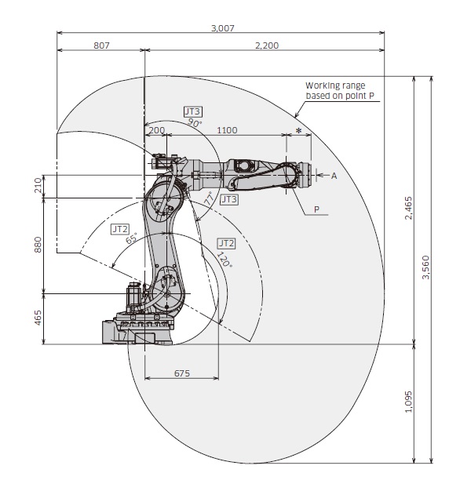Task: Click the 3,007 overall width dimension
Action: [222, 28]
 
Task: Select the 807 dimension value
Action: [101, 45]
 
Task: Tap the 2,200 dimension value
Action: [267, 45]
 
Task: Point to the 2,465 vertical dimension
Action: [408, 208]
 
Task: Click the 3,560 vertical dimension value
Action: [426, 267]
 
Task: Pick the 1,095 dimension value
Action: [408, 402]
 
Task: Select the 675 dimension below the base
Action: [182, 373]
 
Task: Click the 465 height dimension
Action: [38, 318]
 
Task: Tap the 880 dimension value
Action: [38, 245]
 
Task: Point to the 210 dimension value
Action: [38, 185]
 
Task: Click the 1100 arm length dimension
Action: [227, 130]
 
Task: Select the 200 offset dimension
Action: [156, 130]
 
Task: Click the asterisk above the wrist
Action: [299, 131]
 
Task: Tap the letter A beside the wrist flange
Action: [334, 176]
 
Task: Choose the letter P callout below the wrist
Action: [316, 209]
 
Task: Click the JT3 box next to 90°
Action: [193, 111]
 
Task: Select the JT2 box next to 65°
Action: [120, 229]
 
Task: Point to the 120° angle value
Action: [225, 260]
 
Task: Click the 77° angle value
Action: [210, 198]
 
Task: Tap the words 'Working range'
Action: [335, 85]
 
